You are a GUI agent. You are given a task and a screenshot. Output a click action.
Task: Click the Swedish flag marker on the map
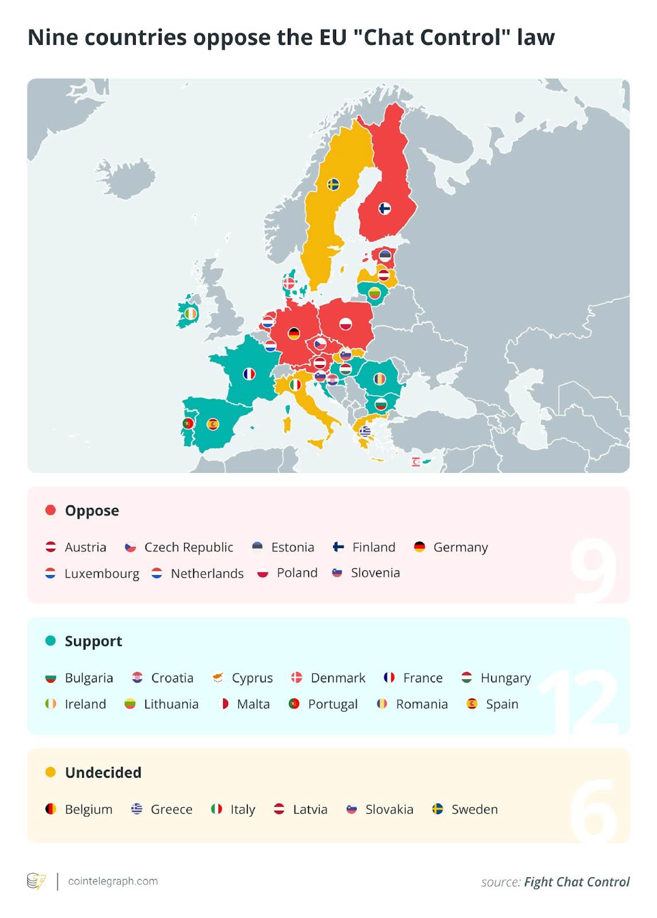tap(333, 185)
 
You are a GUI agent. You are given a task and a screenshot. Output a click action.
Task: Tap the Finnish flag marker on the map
tap(384, 208)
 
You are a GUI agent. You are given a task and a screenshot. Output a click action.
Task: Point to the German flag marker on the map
tap(294, 334)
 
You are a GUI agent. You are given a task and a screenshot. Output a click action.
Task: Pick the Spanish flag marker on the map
tap(213, 424)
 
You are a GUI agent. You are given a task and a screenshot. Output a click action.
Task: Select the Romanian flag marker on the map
tap(379, 378)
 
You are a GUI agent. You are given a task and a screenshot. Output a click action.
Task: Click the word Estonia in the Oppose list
tap(293, 547)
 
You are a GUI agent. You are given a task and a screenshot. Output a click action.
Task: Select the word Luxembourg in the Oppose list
tap(102, 573)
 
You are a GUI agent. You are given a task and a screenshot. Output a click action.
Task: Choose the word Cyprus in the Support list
tap(252, 678)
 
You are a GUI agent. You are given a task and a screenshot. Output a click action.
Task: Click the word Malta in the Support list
tap(253, 704)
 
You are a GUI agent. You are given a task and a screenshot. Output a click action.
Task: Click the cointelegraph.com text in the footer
tap(113, 881)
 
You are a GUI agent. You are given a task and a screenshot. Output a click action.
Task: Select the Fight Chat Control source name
tap(576, 882)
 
